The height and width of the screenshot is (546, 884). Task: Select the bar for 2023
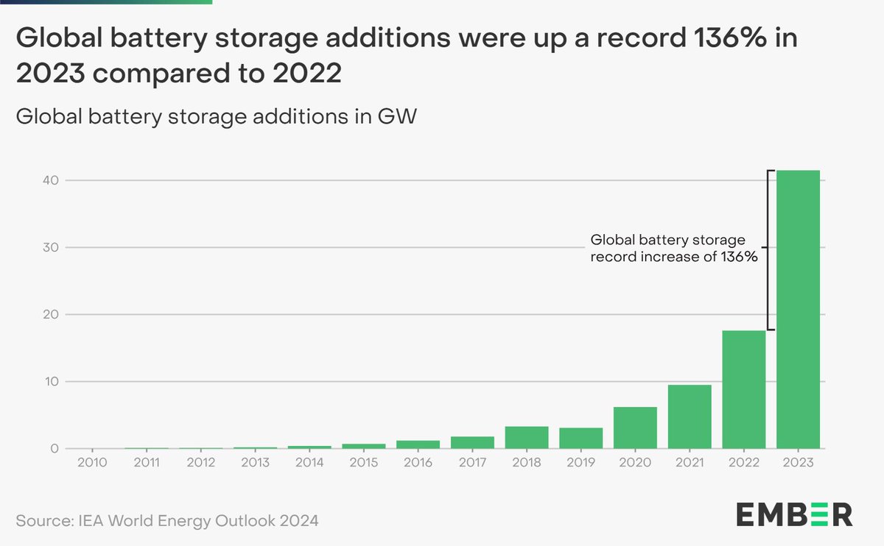pyautogui.click(x=798, y=309)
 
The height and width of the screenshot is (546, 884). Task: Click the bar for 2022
pyautogui.click(x=743, y=390)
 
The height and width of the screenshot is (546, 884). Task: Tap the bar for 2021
pyautogui.click(x=690, y=417)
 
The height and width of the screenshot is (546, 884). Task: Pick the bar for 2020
pyautogui.click(x=635, y=428)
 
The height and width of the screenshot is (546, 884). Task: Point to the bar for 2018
pyautogui.click(x=527, y=438)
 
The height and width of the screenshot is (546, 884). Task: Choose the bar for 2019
pyautogui.click(x=581, y=439)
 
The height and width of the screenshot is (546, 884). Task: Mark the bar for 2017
pyautogui.click(x=472, y=442)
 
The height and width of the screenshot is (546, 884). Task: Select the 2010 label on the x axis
pyautogui.click(x=92, y=463)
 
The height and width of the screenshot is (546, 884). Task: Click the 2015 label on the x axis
pyautogui.click(x=364, y=463)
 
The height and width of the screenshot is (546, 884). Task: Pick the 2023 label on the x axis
pyautogui.click(x=798, y=463)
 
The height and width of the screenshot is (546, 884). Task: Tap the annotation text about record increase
pyautogui.click(x=674, y=249)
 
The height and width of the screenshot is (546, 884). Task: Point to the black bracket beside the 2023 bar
pyautogui.click(x=768, y=250)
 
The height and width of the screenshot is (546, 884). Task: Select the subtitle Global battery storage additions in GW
pyautogui.click(x=216, y=116)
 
